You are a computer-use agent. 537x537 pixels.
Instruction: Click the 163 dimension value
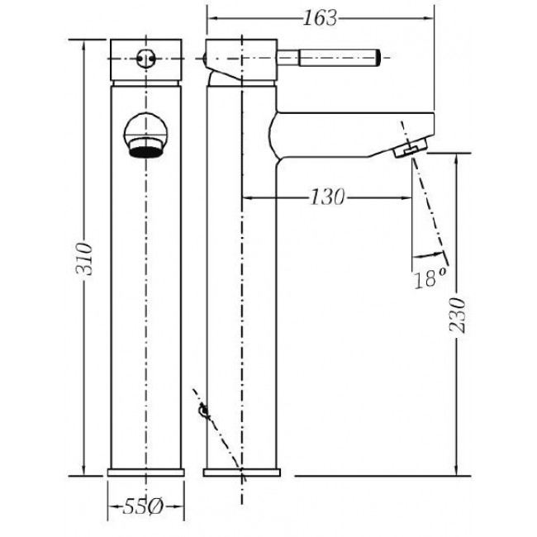[321, 18]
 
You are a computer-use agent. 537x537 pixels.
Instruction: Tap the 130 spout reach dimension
[326, 197]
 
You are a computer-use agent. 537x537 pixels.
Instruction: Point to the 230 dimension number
[457, 316]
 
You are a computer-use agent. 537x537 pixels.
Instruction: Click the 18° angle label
[430, 278]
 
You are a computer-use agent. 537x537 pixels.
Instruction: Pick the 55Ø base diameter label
[143, 506]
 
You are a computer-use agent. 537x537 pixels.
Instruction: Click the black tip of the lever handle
[378, 58]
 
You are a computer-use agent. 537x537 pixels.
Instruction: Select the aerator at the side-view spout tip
[411, 147]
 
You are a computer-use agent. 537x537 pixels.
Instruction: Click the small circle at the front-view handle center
[146, 59]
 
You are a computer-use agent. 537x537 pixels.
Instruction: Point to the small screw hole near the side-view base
[204, 411]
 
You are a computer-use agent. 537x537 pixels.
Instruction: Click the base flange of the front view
[146, 473]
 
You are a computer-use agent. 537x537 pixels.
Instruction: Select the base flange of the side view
[242, 473]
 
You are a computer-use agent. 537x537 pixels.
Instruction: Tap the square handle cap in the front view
[146, 60]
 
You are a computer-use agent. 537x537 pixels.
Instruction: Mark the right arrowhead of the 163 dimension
[429, 18]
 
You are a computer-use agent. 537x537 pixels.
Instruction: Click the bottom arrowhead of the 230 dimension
[456, 470]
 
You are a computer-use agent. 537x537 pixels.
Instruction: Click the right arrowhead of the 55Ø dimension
[179, 506]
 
